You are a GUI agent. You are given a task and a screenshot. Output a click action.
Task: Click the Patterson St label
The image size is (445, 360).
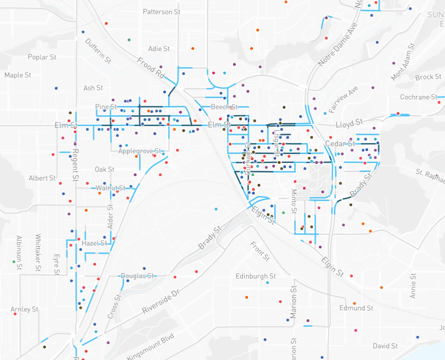point(161,12)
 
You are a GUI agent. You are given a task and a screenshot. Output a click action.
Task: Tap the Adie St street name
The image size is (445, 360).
point(159,49)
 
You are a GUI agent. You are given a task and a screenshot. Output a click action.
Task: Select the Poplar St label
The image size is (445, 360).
point(42,57)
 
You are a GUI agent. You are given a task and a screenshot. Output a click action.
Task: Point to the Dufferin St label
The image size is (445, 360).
point(98,51)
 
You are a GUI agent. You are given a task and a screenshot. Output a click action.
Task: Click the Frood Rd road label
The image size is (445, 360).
point(151,68)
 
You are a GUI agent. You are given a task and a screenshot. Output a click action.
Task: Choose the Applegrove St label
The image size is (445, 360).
point(140,151)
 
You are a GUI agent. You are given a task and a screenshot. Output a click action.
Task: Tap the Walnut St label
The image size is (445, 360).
point(111,188)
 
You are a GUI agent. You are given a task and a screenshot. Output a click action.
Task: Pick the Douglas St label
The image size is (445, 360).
point(137,276)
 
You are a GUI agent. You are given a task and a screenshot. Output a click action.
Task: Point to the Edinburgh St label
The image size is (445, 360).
point(256,276)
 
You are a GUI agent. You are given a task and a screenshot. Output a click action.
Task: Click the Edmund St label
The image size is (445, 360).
point(356,308)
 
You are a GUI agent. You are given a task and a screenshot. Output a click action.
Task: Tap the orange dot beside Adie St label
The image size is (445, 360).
point(192,49)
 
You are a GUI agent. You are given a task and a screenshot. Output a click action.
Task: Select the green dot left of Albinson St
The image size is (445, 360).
point(13,262)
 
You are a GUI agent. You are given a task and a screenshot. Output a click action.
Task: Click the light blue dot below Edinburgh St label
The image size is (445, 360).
point(268,283)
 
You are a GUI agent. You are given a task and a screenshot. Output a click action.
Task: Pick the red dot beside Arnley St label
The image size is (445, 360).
point(15,314)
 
